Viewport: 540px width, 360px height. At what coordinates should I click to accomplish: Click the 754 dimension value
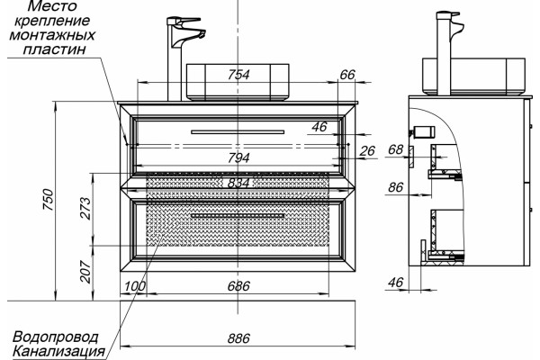click(238, 75)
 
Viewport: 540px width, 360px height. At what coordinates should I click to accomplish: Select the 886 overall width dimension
click(238, 338)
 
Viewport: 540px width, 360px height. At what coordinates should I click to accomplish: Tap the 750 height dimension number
click(48, 200)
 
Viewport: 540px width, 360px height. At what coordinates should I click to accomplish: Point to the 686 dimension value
click(238, 286)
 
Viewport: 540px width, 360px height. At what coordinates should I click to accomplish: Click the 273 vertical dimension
click(85, 209)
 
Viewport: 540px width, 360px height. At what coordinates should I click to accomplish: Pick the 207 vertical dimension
click(85, 272)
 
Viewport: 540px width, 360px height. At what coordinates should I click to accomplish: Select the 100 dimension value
click(135, 286)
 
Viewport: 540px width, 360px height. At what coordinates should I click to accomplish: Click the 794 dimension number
click(238, 157)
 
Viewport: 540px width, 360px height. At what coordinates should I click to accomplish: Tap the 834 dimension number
click(238, 183)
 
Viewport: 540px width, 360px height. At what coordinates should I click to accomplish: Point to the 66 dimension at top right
click(347, 75)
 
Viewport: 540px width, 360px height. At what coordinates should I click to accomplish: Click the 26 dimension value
click(367, 150)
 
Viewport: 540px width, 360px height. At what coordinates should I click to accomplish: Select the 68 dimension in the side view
click(395, 149)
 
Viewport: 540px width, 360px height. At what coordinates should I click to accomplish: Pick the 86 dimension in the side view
click(395, 187)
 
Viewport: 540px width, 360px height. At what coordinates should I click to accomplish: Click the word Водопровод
click(55, 337)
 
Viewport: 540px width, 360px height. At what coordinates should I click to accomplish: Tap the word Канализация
click(58, 351)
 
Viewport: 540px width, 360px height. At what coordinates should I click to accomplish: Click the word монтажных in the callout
click(52, 35)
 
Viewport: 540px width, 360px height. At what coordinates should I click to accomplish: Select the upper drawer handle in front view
click(238, 131)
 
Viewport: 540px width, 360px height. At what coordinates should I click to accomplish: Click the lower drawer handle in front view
click(238, 216)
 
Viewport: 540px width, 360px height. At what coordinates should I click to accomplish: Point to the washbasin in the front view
click(238, 82)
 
